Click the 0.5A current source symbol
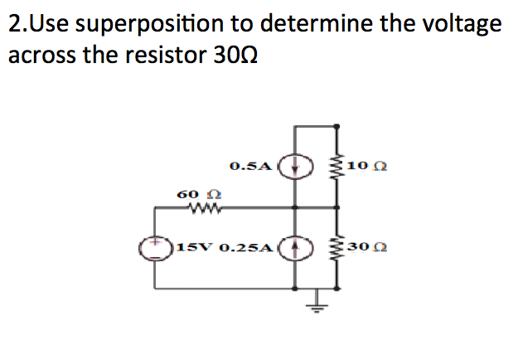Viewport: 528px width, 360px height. [x=295, y=165]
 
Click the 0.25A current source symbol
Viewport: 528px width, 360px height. [x=295, y=247]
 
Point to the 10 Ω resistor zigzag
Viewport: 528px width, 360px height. [x=336, y=166]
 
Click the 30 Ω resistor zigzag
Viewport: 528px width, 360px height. [x=336, y=247]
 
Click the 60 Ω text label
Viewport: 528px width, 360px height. [x=191, y=193]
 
